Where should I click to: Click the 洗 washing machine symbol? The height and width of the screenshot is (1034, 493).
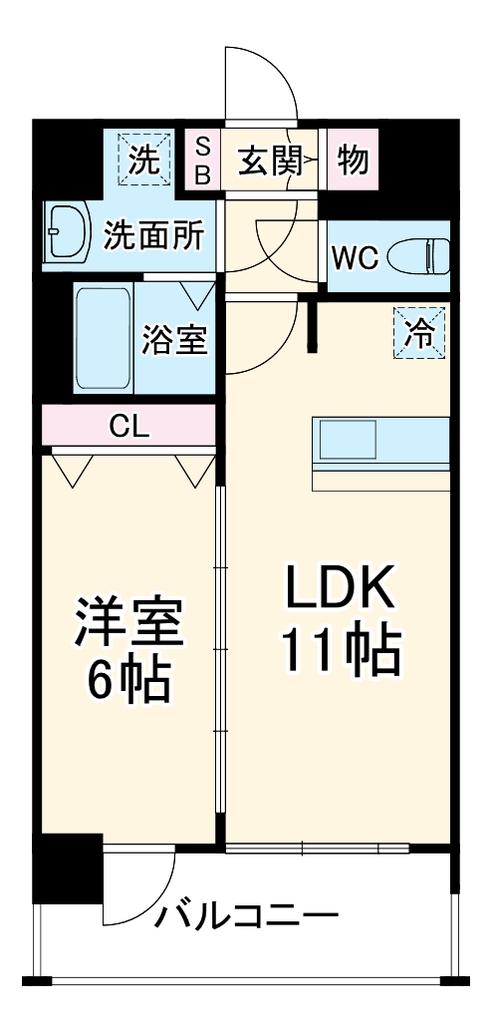pyautogui.click(x=144, y=160)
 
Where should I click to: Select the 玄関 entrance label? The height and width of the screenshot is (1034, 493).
pyautogui.click(x=270, y=161)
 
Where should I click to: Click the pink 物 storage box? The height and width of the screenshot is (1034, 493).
pyautogui.click(x=353, y=160)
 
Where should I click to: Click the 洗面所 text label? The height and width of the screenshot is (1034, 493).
pyautogui.click(x=154, y=235)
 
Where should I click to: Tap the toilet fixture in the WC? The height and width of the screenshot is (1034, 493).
pyautogui.click(x=418, y=256)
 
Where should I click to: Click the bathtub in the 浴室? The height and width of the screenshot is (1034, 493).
pyautogui.click(x=103, y=338)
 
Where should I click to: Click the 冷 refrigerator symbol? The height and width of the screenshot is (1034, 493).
pyautogui.click(x=419, y=334)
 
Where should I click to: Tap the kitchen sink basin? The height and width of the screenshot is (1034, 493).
pyautogui.click(x=348, y=441)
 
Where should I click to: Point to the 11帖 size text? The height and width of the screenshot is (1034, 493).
pyautogui.click(x=342, y=649)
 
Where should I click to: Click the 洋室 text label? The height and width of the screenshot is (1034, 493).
pyautogui.click(x=129, y=622)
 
